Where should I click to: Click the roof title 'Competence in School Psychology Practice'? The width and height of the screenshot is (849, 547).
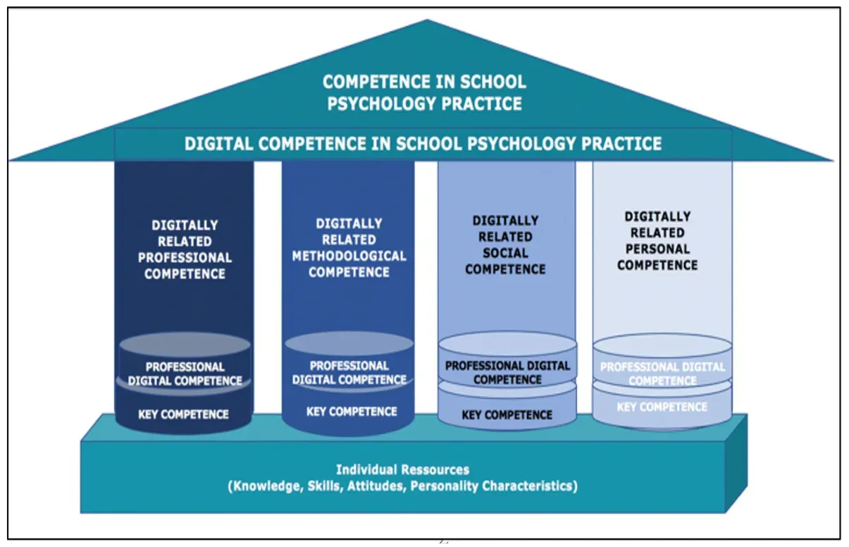point(423,92)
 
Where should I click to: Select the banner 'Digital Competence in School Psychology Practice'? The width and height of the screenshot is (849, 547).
point(423,144)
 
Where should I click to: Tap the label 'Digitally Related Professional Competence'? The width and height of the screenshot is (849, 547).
point(185,250)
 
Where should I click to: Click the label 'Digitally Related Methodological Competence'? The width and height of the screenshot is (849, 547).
point(349,247)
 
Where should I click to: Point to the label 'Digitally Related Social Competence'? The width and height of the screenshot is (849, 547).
point(505,245)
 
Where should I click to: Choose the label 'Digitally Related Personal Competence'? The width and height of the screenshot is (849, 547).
point(657,240)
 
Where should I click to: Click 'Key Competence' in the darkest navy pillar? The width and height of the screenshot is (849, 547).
point(183,414)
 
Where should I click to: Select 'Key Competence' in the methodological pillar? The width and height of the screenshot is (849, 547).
point(352,411)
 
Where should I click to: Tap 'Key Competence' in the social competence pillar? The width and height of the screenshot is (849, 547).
point(507,415)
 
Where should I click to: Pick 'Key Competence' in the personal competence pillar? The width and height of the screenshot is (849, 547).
point(662,407)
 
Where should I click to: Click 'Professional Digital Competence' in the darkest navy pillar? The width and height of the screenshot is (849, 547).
point(185,374)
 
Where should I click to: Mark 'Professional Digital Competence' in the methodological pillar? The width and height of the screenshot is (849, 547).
point(349,372)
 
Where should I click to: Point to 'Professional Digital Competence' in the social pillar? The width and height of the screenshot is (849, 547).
point(507,372)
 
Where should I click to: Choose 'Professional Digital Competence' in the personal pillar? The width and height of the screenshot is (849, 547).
point(662,374)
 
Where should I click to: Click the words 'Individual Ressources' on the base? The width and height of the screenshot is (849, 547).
point(402,469)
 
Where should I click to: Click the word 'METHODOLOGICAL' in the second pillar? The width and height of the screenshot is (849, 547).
point(349,256)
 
